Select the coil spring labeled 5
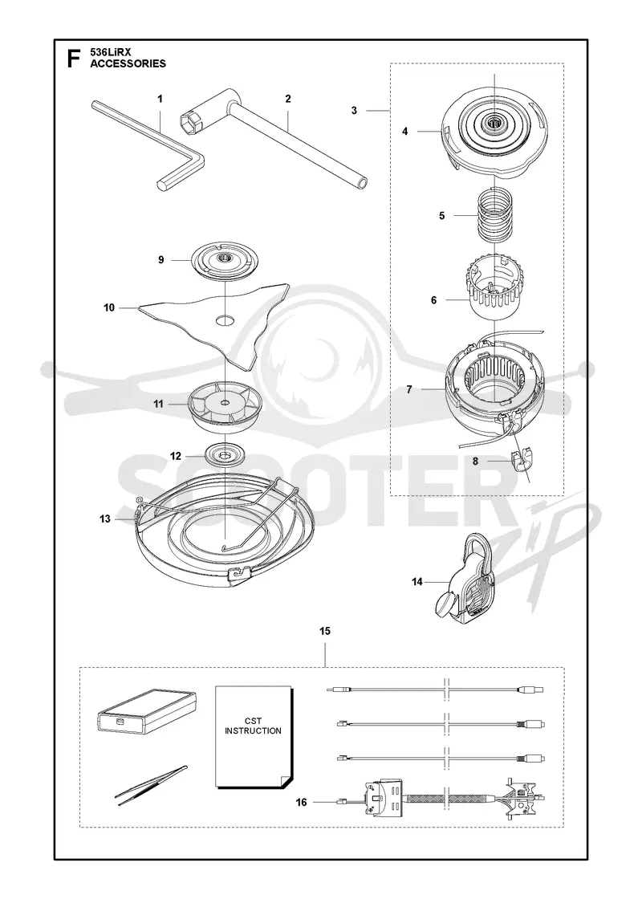tap(494, 217)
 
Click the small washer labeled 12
tap(225, 457)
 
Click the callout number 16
tap(302, 802)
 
